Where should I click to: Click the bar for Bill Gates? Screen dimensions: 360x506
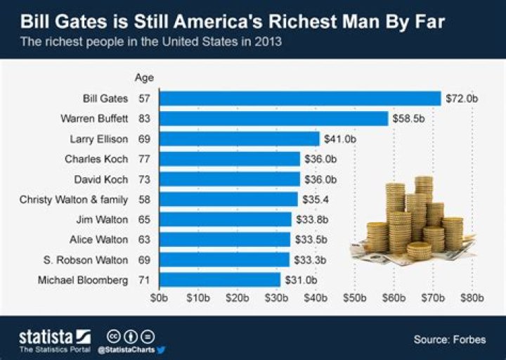[x=300, y=98]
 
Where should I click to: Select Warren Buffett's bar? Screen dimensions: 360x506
[x=274, y=119]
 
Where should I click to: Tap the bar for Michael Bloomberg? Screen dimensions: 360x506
[x=220, y=281]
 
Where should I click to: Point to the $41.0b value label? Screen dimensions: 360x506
[x=339, y=139]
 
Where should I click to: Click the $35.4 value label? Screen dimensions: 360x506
[x=315, y=200]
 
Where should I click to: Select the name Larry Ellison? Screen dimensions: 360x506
[x=98, y=139]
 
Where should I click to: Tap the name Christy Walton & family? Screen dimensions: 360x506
[x=74, y=200]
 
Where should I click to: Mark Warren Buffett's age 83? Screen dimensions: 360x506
[x=145, y=119]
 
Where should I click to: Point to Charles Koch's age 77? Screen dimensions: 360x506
[x=145, y=159]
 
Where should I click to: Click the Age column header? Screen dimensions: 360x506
[x=143, y=77]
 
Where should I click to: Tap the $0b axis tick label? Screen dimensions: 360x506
[x=160, y=298]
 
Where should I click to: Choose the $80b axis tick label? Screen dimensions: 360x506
[x=472, y=298]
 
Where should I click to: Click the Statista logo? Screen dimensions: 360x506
[x=55, y=337]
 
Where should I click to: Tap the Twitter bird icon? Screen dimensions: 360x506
[x=161, y=349]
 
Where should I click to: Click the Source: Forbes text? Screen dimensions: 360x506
[x=450, y=340]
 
